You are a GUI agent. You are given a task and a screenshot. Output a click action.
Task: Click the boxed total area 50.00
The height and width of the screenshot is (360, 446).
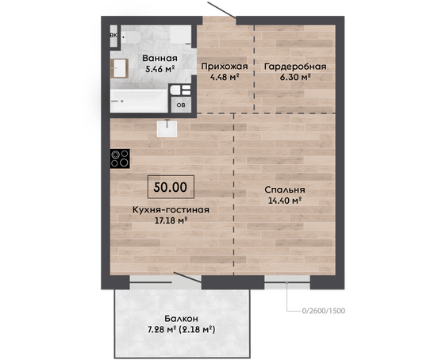point(171,186)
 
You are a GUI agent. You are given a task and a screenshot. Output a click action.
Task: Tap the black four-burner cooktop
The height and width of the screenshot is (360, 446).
point(120,159)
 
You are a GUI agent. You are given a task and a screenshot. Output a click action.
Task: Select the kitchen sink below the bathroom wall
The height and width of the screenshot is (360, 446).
point(167,128)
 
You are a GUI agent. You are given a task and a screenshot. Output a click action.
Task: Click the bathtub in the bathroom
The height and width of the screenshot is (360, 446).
point(139,101)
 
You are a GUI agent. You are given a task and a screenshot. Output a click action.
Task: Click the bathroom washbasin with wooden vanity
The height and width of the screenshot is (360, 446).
point(120,68)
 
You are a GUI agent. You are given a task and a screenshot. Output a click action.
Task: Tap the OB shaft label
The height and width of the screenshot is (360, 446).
point(181,105)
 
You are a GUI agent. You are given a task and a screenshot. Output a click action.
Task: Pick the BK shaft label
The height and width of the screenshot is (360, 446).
point(113,36)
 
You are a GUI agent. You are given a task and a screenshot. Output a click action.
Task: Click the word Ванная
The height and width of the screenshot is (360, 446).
point(160,58)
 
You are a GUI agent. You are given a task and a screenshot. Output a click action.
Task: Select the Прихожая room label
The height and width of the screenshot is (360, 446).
point(225,67)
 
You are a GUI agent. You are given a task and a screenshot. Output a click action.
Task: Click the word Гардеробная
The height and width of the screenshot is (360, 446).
point(295,67)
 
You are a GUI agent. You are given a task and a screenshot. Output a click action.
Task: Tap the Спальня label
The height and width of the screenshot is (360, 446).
point(285,190)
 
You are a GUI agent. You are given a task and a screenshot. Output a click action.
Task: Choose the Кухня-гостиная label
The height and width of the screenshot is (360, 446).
point(171,209)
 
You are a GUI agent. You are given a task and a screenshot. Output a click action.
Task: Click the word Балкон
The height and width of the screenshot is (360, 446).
point(182,319)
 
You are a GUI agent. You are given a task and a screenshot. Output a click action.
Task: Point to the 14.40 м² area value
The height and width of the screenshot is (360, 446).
point(285,201)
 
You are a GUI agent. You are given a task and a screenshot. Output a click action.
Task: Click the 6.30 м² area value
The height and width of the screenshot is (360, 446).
point(295,77)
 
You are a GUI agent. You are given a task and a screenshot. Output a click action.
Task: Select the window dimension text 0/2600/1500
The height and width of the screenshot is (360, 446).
point(324,311)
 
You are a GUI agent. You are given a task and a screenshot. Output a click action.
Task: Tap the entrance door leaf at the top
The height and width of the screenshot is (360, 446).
point(222,10)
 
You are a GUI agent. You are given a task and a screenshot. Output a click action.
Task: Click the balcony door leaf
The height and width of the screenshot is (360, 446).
point(188,278)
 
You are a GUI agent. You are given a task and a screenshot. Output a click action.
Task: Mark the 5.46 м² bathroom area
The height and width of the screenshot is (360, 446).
point(160,69)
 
